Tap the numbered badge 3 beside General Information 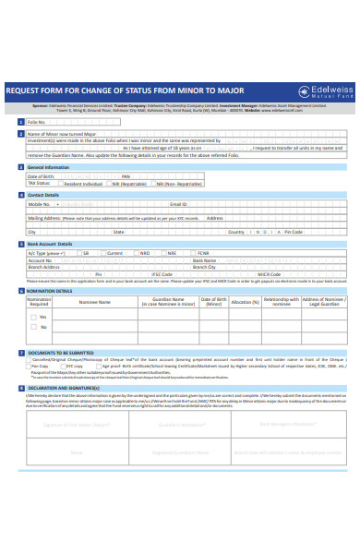21,168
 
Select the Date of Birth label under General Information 41,176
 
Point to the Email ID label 178,204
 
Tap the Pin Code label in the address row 293,232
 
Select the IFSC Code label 162,274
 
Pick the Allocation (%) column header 245,302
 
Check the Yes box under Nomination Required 31,317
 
